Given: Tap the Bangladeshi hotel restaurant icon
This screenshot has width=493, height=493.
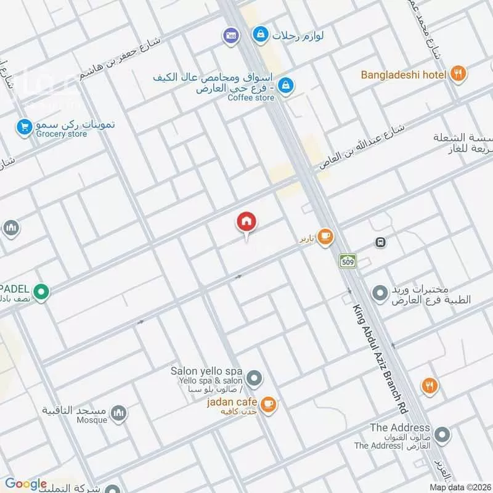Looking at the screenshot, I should pyautogui.click(x=457, y=74).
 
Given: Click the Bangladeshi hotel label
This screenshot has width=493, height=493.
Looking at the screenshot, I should pyautogui.click(x=403, y=75).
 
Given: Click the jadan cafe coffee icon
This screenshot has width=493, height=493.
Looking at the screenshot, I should pyautogui.click(x=268, y=404).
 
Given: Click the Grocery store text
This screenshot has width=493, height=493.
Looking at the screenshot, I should pyautogui.click(x=62, y=134).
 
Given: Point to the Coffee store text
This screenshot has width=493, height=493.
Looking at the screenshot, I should pyautogui.click(x=251, y=98).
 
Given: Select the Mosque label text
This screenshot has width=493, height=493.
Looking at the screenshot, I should pyautogui.click(x=91, y=420).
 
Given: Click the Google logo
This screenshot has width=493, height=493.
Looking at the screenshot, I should pyautogui.click(x=26, y=484).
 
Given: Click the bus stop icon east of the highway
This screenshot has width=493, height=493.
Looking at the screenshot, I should pyautogui.click(x=381, y=242).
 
